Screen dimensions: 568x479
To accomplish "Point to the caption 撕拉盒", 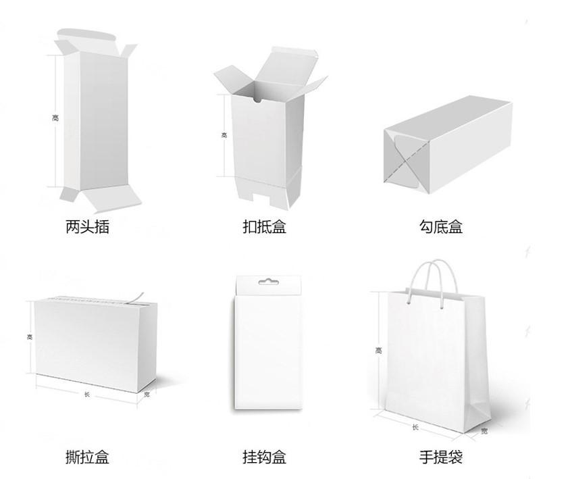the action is click(87, 457).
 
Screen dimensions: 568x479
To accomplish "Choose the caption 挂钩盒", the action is click(264, 457).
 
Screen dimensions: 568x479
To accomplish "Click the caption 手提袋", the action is click(441, 457).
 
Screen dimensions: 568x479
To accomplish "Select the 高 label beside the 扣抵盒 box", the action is click(224, 134).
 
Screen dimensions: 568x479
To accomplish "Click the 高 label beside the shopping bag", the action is click(378, 350).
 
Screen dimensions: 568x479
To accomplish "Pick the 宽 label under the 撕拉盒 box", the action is click(147, 394).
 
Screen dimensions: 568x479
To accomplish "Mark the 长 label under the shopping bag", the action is click(415, 426).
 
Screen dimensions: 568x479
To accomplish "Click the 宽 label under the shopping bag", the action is click(484, 430).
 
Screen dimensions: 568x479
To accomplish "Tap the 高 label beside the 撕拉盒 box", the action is click(29, 336).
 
